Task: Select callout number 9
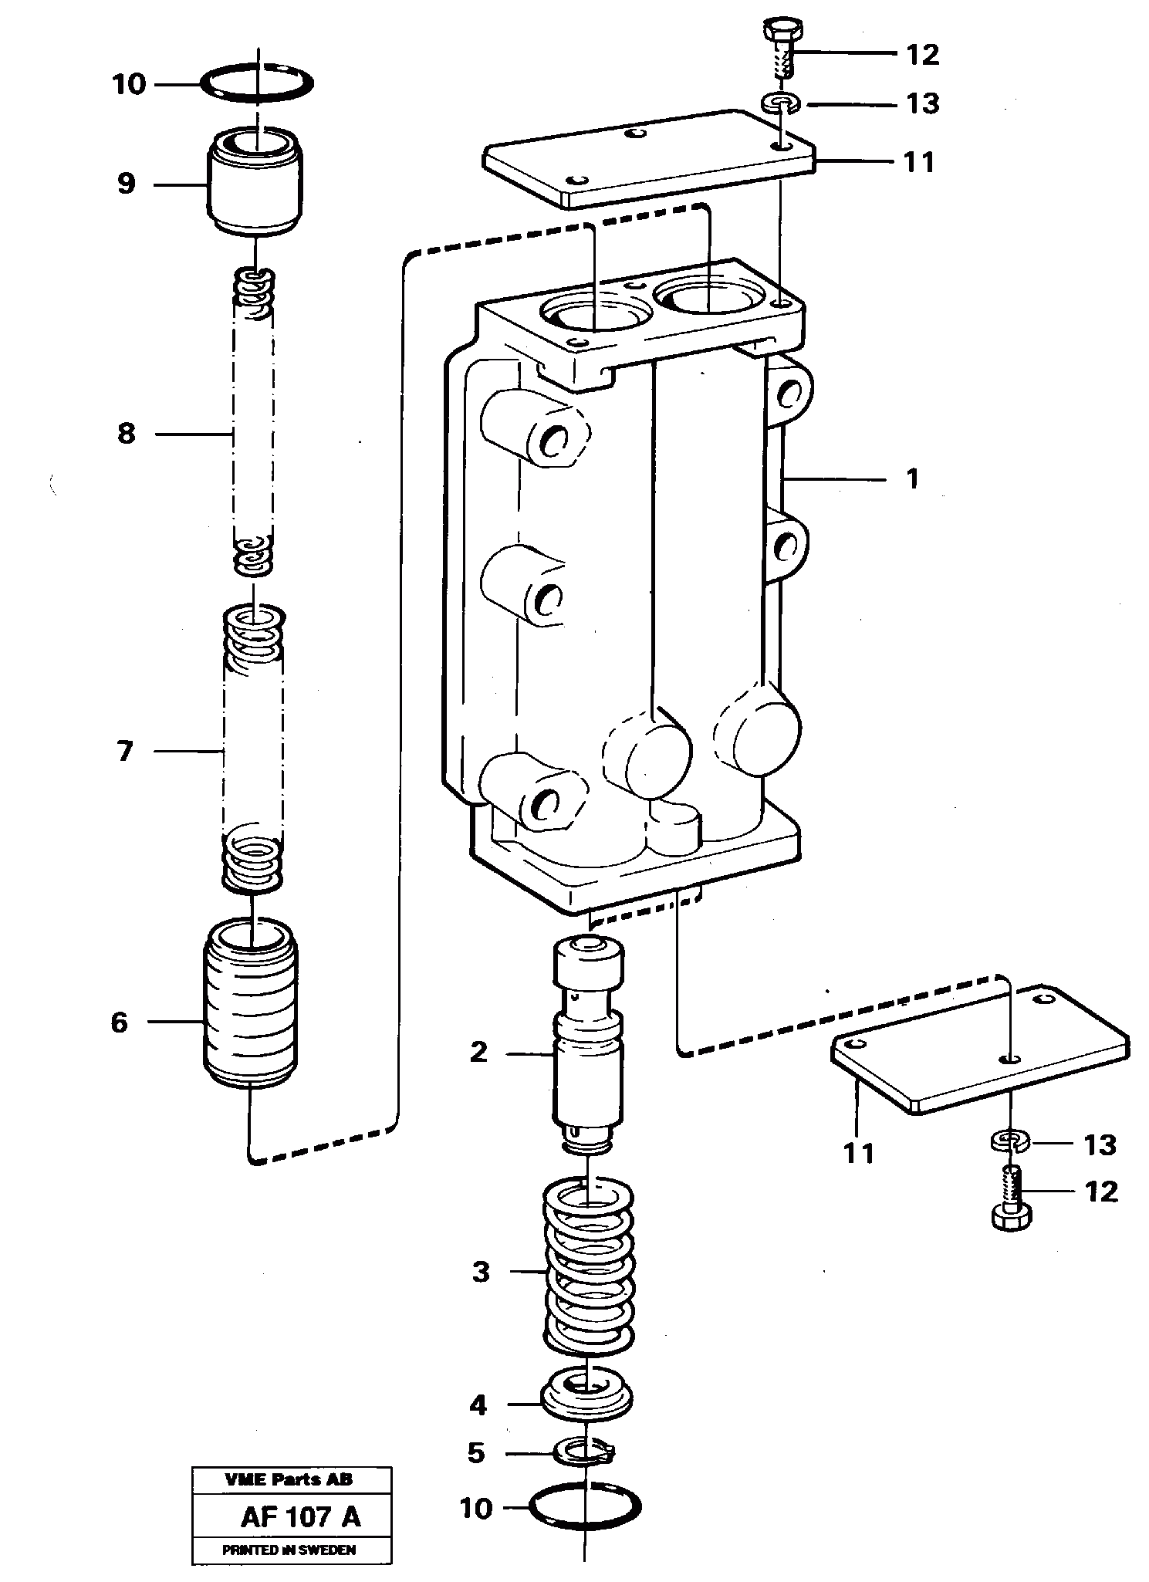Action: pyautogui.click(x=126, y=184)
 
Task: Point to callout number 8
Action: pyautogui.click(x=126, y=434)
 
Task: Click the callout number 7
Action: pyautogui.click(x=125, y=751)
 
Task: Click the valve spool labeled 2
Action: pyautogui.click(x=587, y=1050)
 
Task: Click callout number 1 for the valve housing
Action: pyautogui.click(x=912, y=479)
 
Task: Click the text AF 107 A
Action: pyautogui.click(x=300, y=1517)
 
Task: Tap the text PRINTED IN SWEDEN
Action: pyautogui.click(x=289, y=1550)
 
